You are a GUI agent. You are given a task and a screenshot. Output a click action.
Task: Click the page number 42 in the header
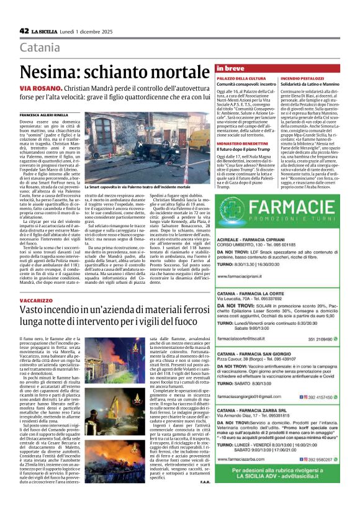pos(24,30)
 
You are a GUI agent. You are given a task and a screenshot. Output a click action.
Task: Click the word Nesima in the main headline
pos(48,73)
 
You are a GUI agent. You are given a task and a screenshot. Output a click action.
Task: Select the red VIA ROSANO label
pos(37,91)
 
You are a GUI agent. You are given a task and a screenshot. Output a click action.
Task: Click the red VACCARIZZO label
pos(36,299)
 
